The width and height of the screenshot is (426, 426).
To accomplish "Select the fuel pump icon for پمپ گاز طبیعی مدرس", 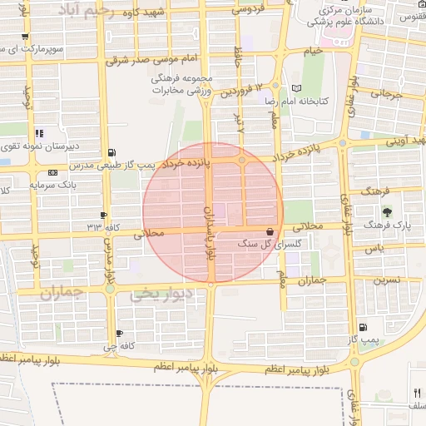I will pos(111,152).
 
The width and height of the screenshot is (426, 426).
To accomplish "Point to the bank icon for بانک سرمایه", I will pos(53,172).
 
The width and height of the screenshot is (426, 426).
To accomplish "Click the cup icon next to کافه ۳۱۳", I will pos(104,214).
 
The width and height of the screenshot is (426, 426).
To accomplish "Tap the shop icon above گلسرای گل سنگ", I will pos(270,231).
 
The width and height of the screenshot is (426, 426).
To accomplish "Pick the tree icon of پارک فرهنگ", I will pos(386,211).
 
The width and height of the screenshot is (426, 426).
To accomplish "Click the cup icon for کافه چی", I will pos(120,333).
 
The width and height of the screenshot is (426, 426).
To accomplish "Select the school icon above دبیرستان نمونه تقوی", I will pos(39,132).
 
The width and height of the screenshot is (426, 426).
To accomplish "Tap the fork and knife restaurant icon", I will pos(416,392).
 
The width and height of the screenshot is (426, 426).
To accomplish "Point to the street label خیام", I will pos(312,52).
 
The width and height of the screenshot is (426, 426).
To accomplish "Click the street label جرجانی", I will pos(385,96).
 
